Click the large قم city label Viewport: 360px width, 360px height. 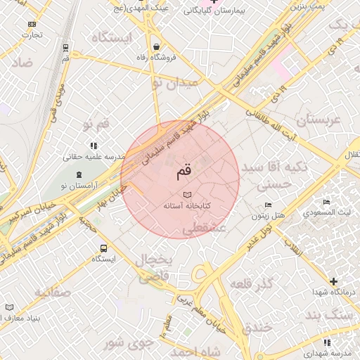180,169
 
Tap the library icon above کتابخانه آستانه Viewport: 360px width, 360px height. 186,194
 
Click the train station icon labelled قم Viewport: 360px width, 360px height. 65,49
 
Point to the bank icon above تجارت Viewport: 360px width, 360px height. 31,24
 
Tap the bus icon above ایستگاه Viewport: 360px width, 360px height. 104,248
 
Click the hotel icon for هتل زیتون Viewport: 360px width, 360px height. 269,205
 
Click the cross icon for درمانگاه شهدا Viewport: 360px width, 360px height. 333,281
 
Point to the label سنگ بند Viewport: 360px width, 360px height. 332,314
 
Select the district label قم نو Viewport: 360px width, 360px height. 96,124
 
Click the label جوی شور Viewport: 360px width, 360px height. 128,343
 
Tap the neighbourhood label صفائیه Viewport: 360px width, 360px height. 51,290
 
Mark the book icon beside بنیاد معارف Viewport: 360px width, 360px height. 9,307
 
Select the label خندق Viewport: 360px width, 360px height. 257,328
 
